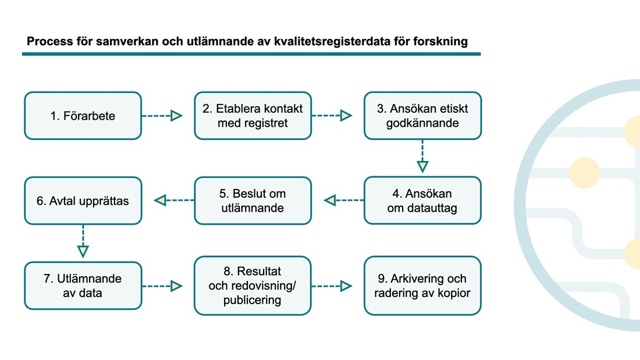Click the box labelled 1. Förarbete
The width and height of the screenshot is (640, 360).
[x=83, y=116]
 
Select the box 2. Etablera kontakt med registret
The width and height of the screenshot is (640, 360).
[x=253, y=116]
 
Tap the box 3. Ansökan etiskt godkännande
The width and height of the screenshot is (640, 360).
[x=423, y=116]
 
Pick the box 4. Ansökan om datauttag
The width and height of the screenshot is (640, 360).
[x=423, y=201]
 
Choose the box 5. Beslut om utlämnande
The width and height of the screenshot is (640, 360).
[x=253, y=201]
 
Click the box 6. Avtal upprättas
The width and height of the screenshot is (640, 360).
[x=83, y=201]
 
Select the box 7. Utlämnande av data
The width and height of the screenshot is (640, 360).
[x=83, y=286]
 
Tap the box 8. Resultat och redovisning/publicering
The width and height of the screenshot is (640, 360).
[x=253, y=286]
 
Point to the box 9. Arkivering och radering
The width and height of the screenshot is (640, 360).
[x=423, y=286]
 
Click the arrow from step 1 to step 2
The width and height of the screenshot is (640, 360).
[x=162, y=116]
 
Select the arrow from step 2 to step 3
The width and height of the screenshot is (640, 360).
[x=332, y=116]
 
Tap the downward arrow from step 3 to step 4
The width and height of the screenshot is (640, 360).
[x=422, y=156]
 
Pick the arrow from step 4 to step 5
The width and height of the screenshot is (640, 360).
[x=344, y=201]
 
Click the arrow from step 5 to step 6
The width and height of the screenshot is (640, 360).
[x=174, y=201]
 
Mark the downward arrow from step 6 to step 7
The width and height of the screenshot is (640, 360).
[x=83, y=241]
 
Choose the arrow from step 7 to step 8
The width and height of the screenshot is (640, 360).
[x=162, y=286]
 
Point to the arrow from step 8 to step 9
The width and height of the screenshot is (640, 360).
[x=332, y=286]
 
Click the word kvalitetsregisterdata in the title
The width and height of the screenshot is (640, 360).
[x=332, y=42]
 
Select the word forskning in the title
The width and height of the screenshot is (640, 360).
[x=440, y=42]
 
